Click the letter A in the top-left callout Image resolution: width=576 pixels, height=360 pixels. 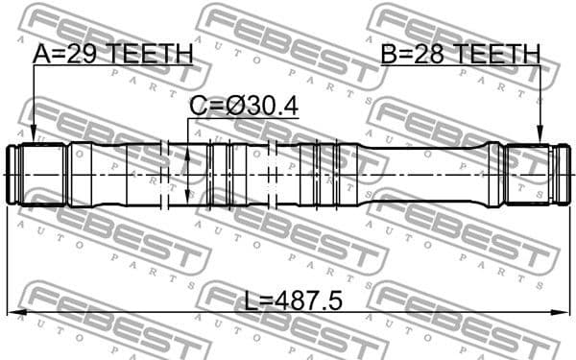[42, 55]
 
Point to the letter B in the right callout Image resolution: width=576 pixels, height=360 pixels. [391, 55]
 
